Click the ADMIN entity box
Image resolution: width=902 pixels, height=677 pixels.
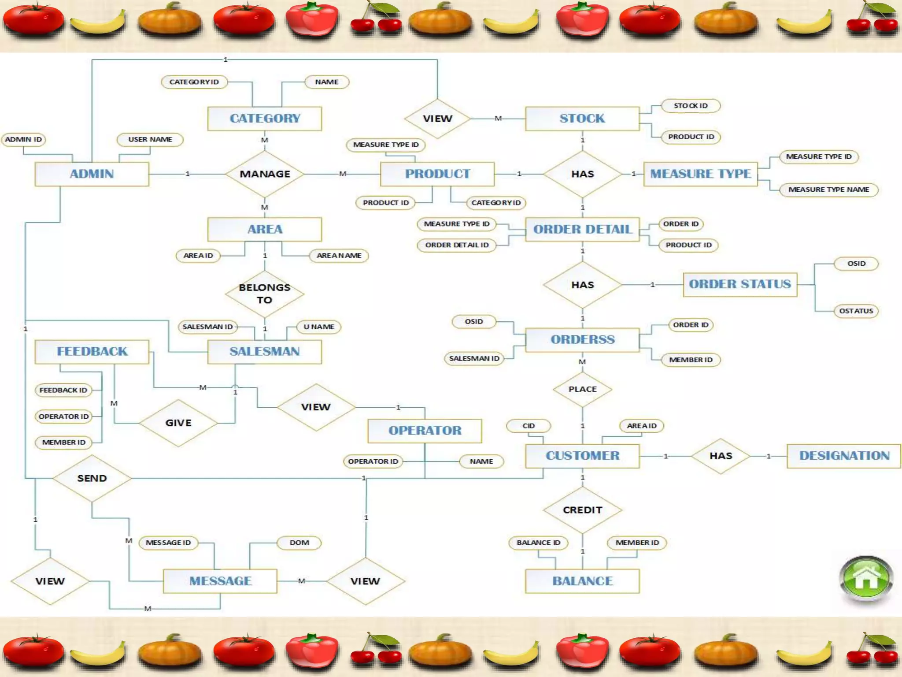click(x=92, y=174)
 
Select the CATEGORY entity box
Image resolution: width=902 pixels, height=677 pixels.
click(x=265, y=119)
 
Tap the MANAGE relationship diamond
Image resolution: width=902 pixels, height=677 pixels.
click(x=265, y=174)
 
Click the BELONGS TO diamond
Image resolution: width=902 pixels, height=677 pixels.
click(x=265, y=294)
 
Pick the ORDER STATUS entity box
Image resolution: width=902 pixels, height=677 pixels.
click(x=740, y=284)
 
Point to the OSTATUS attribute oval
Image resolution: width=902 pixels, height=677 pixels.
click(x=856, y=311)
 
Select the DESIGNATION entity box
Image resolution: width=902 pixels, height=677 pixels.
click(x=844, y=456)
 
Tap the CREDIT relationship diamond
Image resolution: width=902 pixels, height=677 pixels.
click(x=582, y=510)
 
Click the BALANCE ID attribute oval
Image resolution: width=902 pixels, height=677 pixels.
click(x=538, y=543)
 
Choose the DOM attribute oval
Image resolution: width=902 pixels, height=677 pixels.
click(x=299, y=543)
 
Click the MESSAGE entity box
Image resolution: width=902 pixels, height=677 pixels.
click(x=220, y=581)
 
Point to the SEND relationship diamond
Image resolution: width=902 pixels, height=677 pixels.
click(x=92, y=478)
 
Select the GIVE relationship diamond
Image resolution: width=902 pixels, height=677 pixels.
click(x=178, y=423)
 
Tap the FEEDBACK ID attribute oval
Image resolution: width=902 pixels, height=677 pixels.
click(x=63, y=390)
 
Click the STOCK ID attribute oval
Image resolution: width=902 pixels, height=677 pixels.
click(x=690, y=106)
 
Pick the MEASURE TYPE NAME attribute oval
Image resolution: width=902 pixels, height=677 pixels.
click(x=828, y=190)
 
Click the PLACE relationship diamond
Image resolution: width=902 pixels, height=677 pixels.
click(x=582, y=389)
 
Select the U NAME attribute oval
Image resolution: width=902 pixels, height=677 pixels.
click(x=319, y=327)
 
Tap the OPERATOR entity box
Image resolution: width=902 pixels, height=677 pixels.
click(x=425, y=431)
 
